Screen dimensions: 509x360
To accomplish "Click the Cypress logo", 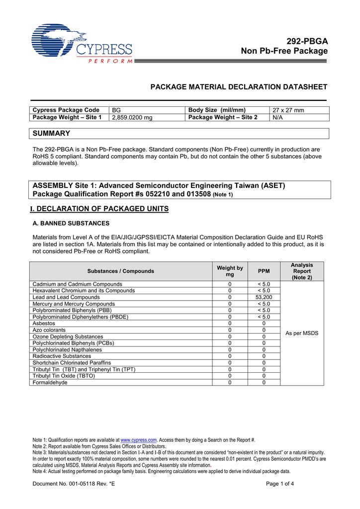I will pos(82,43).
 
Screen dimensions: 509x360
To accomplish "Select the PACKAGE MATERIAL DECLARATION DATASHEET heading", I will pos(239,87).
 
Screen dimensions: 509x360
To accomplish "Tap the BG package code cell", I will pos(116,110).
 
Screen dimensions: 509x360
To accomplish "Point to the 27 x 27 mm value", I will pos(288,110).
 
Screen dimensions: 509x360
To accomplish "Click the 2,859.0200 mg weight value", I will pos(132,117).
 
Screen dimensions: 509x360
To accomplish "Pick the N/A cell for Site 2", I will pos(277,117).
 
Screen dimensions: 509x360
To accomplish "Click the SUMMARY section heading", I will pos(51,133).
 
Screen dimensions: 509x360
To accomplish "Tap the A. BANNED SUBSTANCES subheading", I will pos(71,223).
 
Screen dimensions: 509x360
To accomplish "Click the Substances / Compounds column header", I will pos(121,271).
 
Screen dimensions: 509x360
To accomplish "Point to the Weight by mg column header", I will pos(230,271).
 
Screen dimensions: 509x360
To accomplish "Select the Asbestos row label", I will pos(44,323).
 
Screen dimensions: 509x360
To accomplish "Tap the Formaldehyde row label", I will pos(50,382).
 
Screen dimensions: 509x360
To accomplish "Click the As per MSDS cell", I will pos(302,333).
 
